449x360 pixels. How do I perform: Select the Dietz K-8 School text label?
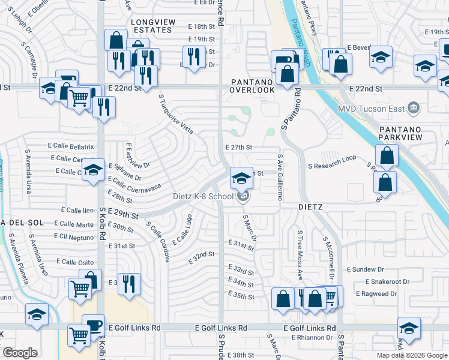tap(202, 196)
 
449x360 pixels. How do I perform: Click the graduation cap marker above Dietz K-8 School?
tap(241, 178)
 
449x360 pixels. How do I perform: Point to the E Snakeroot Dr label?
tap(388, 281)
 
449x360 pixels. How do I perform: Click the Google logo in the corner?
tap(20, 353)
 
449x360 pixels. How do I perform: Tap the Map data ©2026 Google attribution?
tap(411, 355)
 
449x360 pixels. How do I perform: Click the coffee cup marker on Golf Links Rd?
tap(93, 325)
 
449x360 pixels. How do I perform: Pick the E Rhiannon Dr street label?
tap(312, 338)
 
